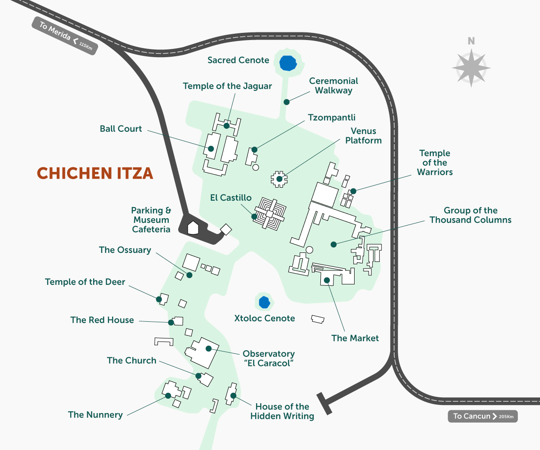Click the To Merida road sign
coord(65,36)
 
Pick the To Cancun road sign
coord(482,416)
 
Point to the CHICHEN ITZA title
coord(95,173)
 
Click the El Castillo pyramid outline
coord(270,213)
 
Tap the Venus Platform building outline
coord(279,178)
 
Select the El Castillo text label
coord(230,198)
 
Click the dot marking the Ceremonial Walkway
coord(286,102)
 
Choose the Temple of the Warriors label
coord(434,163)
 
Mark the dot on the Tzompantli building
coord(254,149)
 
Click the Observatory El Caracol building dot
coord(208,348)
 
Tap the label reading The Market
coord(355,338)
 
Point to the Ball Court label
coord(121,129)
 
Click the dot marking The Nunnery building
coord(168,396)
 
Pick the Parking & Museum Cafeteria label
coord(151,220)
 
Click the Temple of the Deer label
coord(85,282)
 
